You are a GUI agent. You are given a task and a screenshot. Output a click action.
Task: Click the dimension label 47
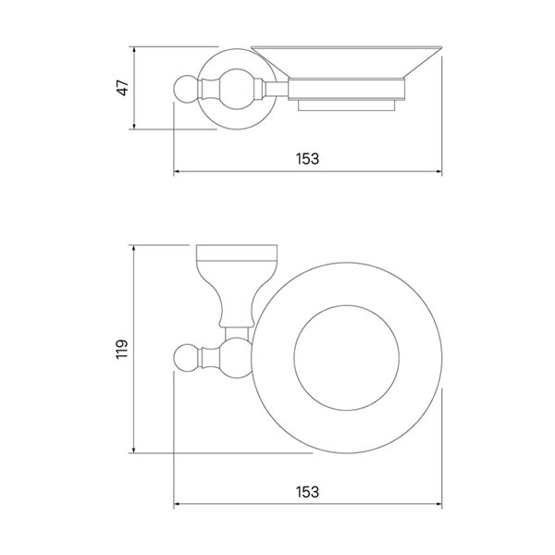tap(122, 88)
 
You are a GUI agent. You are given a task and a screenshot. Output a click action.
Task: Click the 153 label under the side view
tap(308, 159)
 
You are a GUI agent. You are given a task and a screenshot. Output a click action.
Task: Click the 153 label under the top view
tap(308, 492)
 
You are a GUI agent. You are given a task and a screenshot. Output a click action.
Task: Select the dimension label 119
tap(122, 349)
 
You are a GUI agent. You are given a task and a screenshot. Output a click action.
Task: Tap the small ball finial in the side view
tap(187, 89)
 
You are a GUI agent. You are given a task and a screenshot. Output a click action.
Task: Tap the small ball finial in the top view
tap(187, 357)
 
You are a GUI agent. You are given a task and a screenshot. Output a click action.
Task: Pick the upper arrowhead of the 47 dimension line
tap(134, 50)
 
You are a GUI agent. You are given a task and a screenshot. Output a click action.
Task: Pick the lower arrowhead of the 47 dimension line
tap(134, 126)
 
